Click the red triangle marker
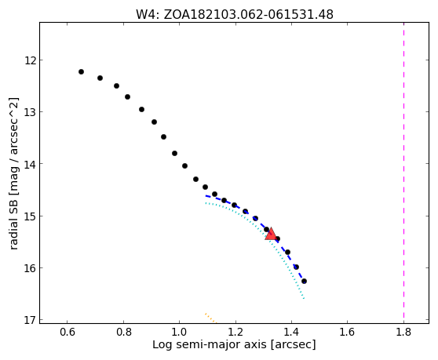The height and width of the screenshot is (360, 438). [271, 234]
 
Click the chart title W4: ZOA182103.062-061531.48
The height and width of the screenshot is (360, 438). [235, 14]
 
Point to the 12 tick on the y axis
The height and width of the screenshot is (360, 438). [30, 60]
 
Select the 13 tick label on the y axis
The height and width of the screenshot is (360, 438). [30, 112]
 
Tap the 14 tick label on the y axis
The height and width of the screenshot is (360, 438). [30, 164]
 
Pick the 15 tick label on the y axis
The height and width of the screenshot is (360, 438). [30, 216]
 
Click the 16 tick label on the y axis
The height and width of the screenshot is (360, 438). [30, 268]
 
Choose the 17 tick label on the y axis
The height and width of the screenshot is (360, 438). [30, 320]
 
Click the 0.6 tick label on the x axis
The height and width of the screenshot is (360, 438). [68, 332]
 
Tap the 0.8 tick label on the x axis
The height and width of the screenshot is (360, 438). [123, 332]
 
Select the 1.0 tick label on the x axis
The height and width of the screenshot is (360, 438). [179, 332]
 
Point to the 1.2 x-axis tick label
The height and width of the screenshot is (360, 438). [235, 332]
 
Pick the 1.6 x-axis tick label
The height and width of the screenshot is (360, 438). [348, 332]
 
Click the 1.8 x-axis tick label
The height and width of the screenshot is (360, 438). [403, 332]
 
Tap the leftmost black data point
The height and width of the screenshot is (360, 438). [82, 71]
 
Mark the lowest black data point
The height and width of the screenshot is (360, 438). [304, 281]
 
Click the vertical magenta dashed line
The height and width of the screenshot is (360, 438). [403, 173]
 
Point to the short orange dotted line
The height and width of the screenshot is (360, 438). [211, 318]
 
